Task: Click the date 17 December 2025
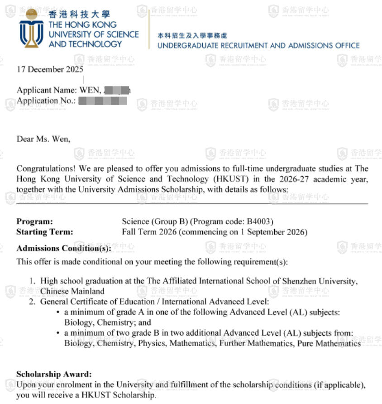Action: coord(50,69)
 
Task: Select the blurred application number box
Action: coord(102,101)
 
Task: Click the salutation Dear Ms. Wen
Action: coord(43,139)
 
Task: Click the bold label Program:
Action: coord(34,221)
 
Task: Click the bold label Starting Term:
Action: coord(44,232)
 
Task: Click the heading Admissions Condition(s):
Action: coord(63,248)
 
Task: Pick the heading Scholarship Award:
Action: coord(54,374)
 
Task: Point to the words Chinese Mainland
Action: coord(72,291)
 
